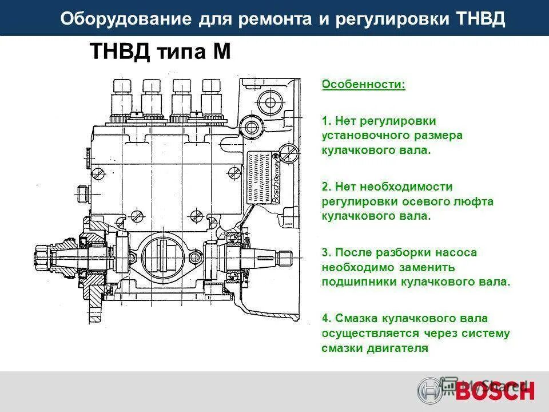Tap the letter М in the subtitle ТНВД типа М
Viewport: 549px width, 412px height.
pos(221,52)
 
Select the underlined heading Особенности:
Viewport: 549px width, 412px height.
pos(363,85)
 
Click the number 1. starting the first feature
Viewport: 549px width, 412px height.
pos(326,121)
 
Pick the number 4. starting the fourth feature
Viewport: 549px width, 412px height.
pos(326,318)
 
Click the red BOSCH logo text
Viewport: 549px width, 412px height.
pos(495,391)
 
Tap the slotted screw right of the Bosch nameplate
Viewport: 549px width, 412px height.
pos(288,153)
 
